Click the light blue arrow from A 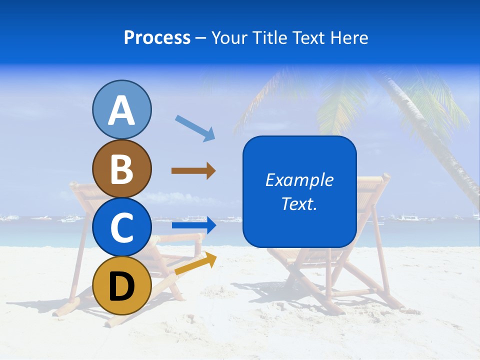tap(195, 127)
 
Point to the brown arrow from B tap(193, 171)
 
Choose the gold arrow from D tap(195, 264)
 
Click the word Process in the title tap(157, 38)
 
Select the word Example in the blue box tap(299, 180)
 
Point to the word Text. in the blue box tap(299, 204)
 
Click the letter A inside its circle tap(121, 110)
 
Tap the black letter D tap(121, 286)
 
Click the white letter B tap(121, 168)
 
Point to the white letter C tap(121, 227)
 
